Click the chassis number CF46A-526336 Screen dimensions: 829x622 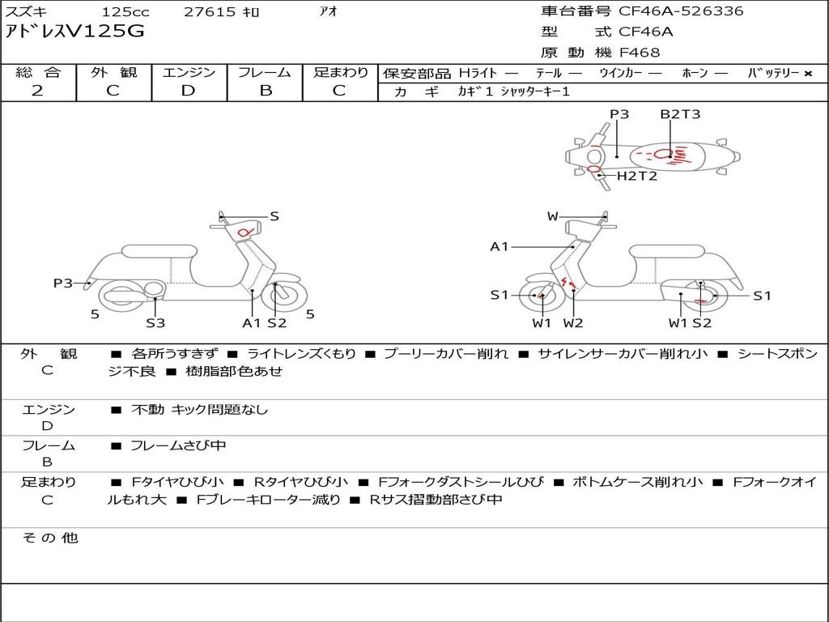click(x=680, y=11)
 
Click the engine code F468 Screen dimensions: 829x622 click(x=640, y=53)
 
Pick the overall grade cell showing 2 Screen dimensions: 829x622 click(x=37, y=91)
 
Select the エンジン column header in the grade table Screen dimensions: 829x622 click(x=189, y=72)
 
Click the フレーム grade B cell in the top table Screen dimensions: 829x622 click(x=266, y=91)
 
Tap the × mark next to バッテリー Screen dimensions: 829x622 click(x=808, y=74)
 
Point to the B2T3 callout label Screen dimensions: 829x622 click(x=680, y=114)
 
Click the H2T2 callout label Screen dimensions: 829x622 click(x=637, y=176)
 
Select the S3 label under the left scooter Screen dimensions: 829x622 click(x=155, y=322)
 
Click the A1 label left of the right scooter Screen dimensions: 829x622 click(x=500, y=246)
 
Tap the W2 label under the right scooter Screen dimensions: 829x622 click(x=573, y=322)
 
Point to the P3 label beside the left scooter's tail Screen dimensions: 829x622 click(x=63, y=283)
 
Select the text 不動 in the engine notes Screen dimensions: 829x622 click(x=147, y=409)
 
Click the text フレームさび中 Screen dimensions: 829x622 click(x=178, y=446)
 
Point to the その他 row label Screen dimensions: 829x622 click(x=50, y=538)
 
